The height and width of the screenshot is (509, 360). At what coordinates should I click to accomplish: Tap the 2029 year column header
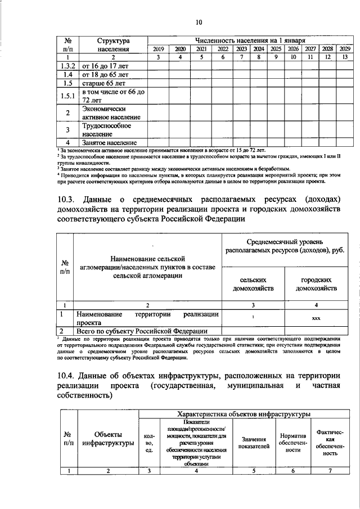pos(345,49)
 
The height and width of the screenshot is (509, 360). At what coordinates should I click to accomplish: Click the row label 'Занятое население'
pos(110,143)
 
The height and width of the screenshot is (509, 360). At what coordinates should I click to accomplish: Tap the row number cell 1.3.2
pos(67,66)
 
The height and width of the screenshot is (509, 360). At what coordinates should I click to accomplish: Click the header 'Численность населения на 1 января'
pos(250,41)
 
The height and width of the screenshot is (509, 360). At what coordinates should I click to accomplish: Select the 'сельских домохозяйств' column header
pos(253,284)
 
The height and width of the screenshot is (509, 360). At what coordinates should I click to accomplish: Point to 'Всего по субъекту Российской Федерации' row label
pos(142,331)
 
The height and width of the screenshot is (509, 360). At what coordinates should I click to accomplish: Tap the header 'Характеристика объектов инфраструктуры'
pos(244,414)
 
